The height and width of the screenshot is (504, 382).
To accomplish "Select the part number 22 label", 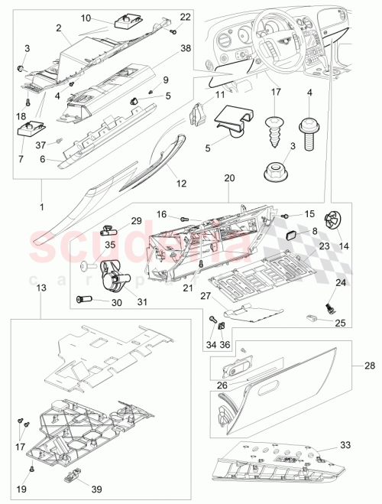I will tap(186, 17).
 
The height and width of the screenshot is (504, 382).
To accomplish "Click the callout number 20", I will tap(230, 177).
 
